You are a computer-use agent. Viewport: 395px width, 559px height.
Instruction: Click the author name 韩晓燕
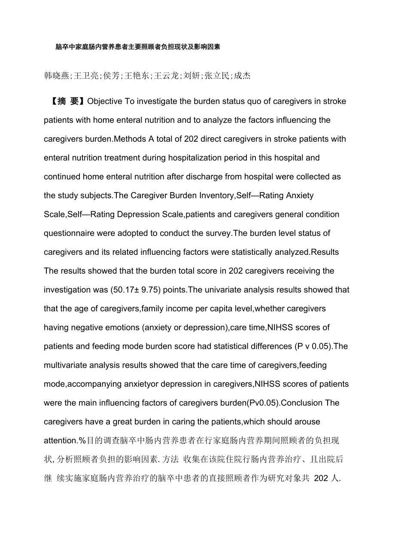[57, 76]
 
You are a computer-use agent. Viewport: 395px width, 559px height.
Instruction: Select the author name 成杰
[242, 76]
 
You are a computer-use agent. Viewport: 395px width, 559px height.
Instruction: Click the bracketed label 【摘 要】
[66, 101]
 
